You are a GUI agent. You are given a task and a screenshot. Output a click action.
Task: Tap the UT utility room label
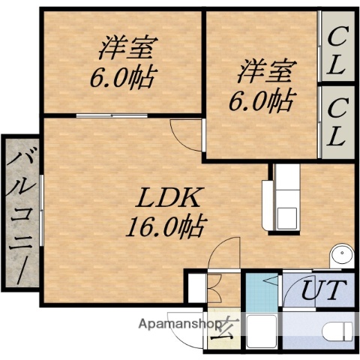pos(323,289)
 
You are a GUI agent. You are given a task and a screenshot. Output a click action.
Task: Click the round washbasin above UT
pos(341,254)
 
